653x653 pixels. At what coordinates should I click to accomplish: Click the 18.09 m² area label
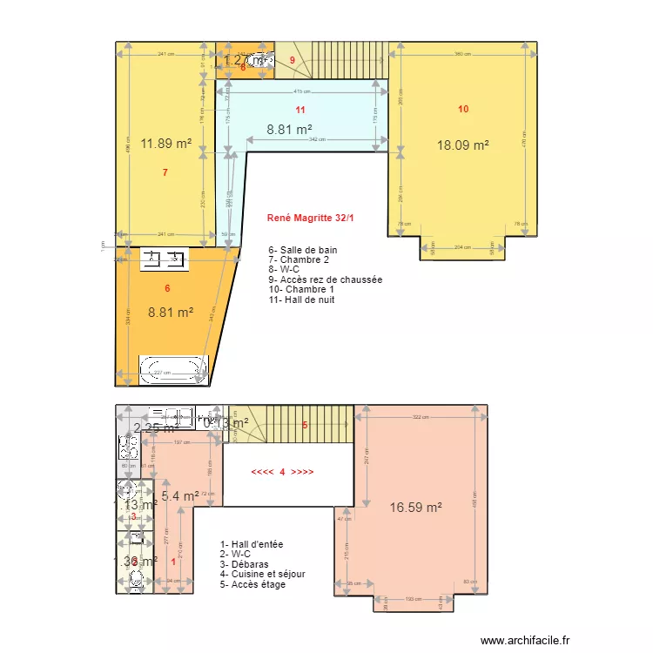(x=462, y=145)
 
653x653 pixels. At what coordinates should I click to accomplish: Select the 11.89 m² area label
(x=165, y=144)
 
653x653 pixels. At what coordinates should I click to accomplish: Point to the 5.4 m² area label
(x=180, y=496)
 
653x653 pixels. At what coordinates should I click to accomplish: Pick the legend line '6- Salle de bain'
(x=302, y=250)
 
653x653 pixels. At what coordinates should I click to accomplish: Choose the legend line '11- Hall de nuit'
(x=302, y=300)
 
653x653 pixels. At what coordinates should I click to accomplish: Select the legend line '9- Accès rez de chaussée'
(x=325, y=279)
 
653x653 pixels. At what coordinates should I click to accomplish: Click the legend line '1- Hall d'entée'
(x=252, y=544)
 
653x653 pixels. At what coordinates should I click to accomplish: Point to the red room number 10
(x=463, y=109)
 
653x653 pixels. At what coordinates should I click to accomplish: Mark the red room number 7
(x=165, y=172)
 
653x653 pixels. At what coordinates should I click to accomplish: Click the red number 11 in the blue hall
(x=300, y=110)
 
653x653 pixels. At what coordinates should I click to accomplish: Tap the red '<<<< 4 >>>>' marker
(x=282, y=472)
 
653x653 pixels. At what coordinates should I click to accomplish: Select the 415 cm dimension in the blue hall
(x=301, y=91)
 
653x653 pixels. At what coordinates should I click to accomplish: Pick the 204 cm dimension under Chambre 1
(x=462, y=247)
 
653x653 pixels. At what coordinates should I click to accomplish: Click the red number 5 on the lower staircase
(x=305, y=425)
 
